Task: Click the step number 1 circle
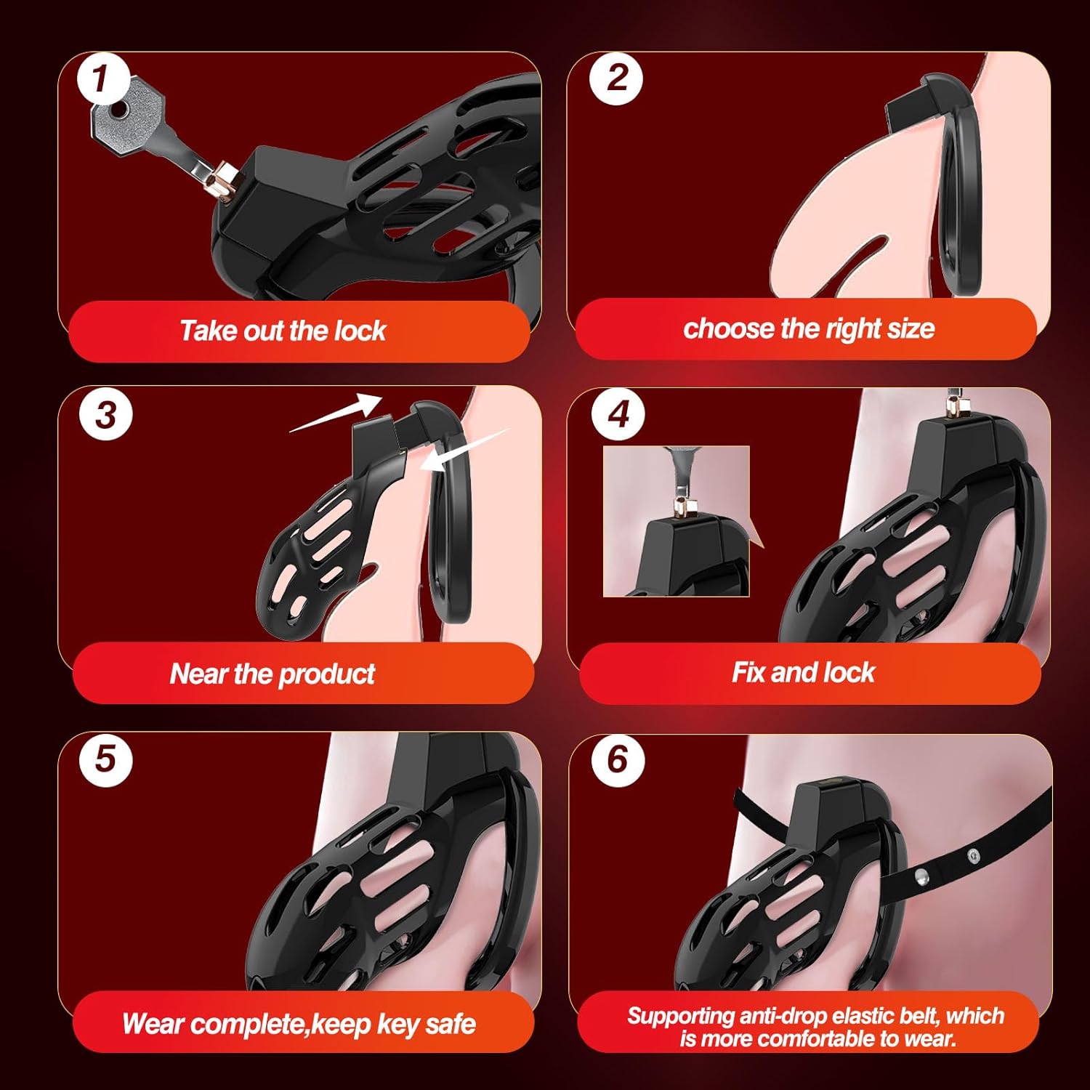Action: pyautogui.click(x=103, y=78)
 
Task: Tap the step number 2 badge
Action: pyautogui.click(x=616, y=78)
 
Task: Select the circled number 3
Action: pyautogui.click(x=106, y=415)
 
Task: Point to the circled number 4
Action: pyautogui.click(x=618, y=415)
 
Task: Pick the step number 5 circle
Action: pyautogui.click(x=106, y=759)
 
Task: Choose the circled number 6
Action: pyautogui.click(x=618, y=759)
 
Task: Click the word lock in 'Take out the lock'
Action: pyautogui.click(x=360, y=331)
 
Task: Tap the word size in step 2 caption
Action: pyautogui.click(x=911, y=328)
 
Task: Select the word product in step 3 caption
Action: pyautogui.click(x=327, y=674)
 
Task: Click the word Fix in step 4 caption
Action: pyautogui.click(x=748, y=672)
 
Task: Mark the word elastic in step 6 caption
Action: pyautogui.click(x=860, y=1015)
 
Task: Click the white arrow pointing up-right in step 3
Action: pyautogui.click(x=336, y=413)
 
